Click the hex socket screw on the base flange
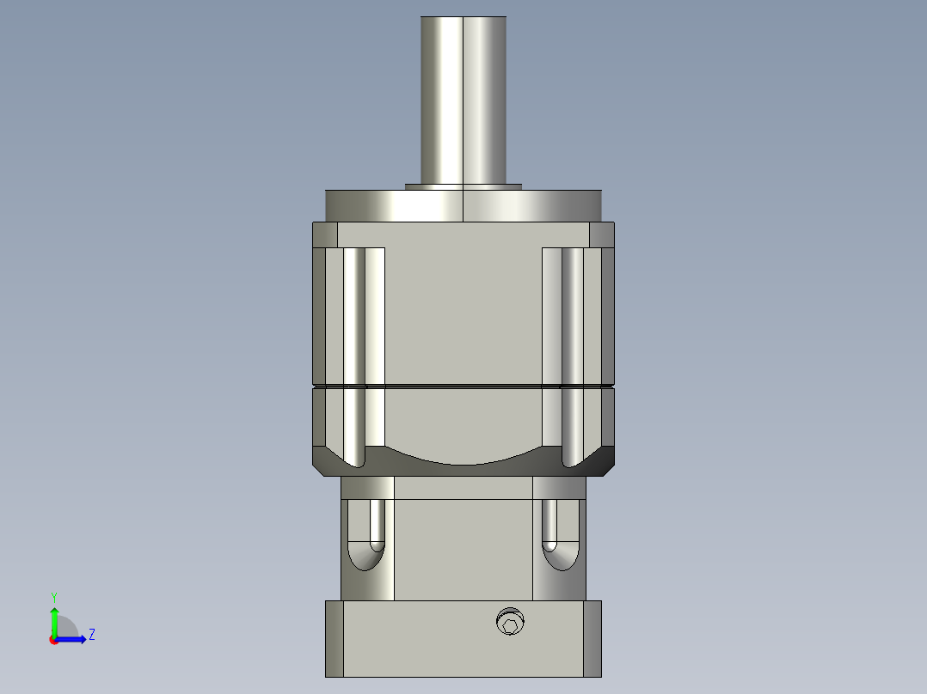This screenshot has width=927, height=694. pyautogui.click(x=510, y=623)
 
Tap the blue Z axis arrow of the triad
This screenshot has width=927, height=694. pyautogui.click(x=72, y=639)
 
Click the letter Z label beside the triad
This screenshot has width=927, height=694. pyautogui.click(x=91, y=635)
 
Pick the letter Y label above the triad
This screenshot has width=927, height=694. pyautogui.click(x=54, y=596)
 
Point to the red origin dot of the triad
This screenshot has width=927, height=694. pyautogui.click(x=53, y=640)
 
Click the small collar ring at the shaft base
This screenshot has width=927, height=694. pyautogui.click(x=463, y=186)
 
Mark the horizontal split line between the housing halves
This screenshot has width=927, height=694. pyautogui.click(x=463, y=385)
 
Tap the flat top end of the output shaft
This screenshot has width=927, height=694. pyautogui.click(x=463, y=17)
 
